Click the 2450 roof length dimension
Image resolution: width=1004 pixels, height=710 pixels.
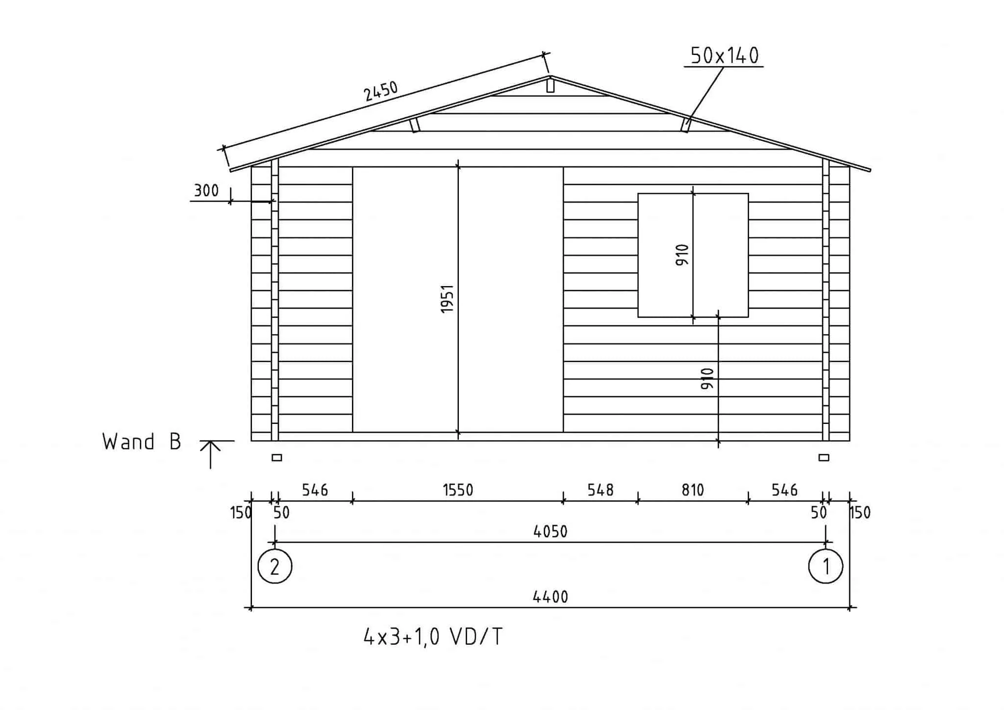[x=380, y=91]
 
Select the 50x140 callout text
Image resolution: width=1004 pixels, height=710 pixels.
[x=725, y=56]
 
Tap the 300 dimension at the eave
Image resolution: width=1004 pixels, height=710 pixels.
[x=206, y=190]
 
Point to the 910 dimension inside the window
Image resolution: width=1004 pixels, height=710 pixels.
[x=682, y=255]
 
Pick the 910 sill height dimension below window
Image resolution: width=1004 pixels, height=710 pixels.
[x=707, y=379]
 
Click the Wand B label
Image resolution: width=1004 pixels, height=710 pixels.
[x=142, y=442]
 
